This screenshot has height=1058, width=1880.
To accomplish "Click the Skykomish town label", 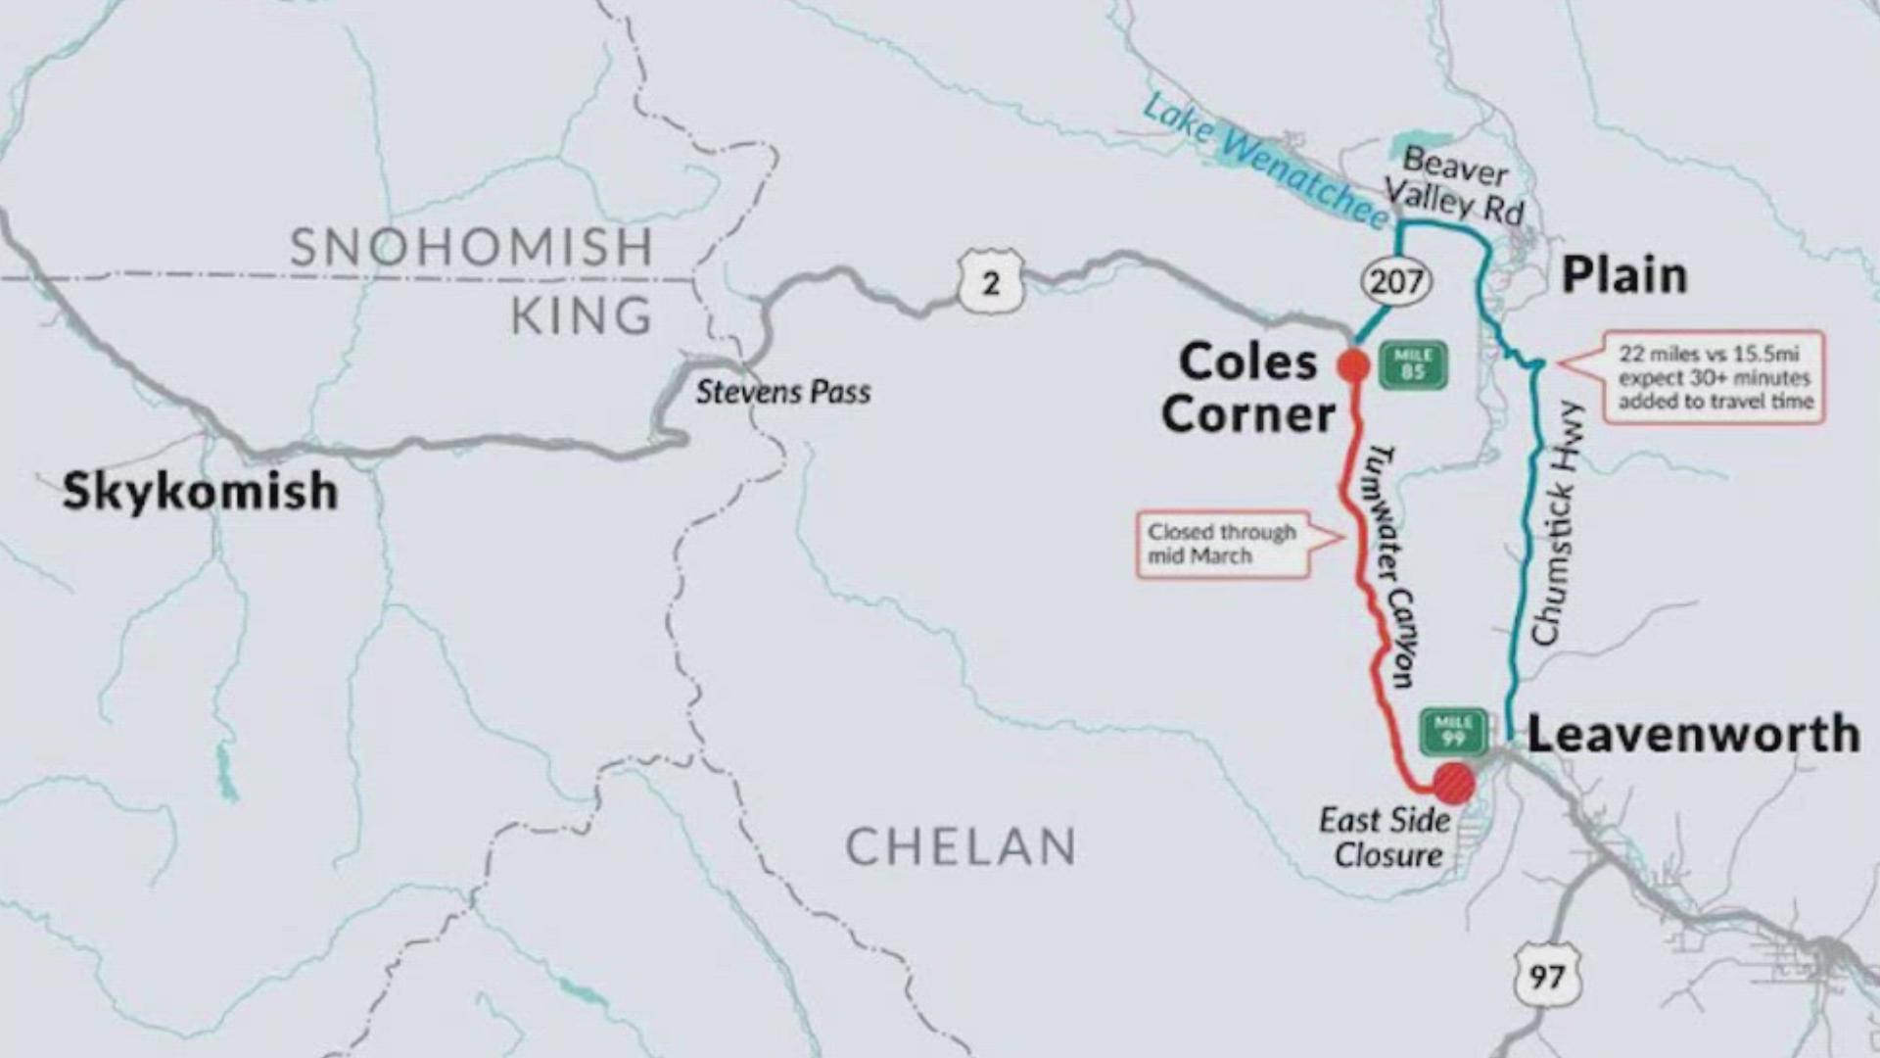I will (x=201, y=490).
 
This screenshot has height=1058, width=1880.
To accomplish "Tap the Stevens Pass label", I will (x=783, y=392).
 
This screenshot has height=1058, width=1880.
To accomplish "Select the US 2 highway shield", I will (x=991, y=283).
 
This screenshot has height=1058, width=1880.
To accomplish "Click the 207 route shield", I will (x=1396, y=282).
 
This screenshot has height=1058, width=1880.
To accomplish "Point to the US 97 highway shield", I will (x=1546, y=976).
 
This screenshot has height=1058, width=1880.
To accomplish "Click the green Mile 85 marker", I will (x=1412, y=364).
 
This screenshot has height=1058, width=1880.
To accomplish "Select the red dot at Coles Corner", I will (x=1353, y=365).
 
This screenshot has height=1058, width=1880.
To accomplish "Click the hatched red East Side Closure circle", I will (x=1454, y=784).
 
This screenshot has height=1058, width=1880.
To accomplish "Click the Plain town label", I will (x=1624, y=275).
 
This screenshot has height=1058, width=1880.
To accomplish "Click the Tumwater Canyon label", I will (x=1390, y=564).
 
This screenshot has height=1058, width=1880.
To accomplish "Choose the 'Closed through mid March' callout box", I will (x=1224, y=545).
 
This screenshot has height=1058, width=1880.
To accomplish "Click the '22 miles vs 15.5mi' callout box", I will (x=1715, y=377).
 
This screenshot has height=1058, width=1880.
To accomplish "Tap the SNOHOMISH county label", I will (x=472, y=247).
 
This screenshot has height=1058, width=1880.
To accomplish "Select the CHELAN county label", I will (x=961, y=846).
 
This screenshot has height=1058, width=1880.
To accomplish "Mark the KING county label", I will (x=582, y=315).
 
